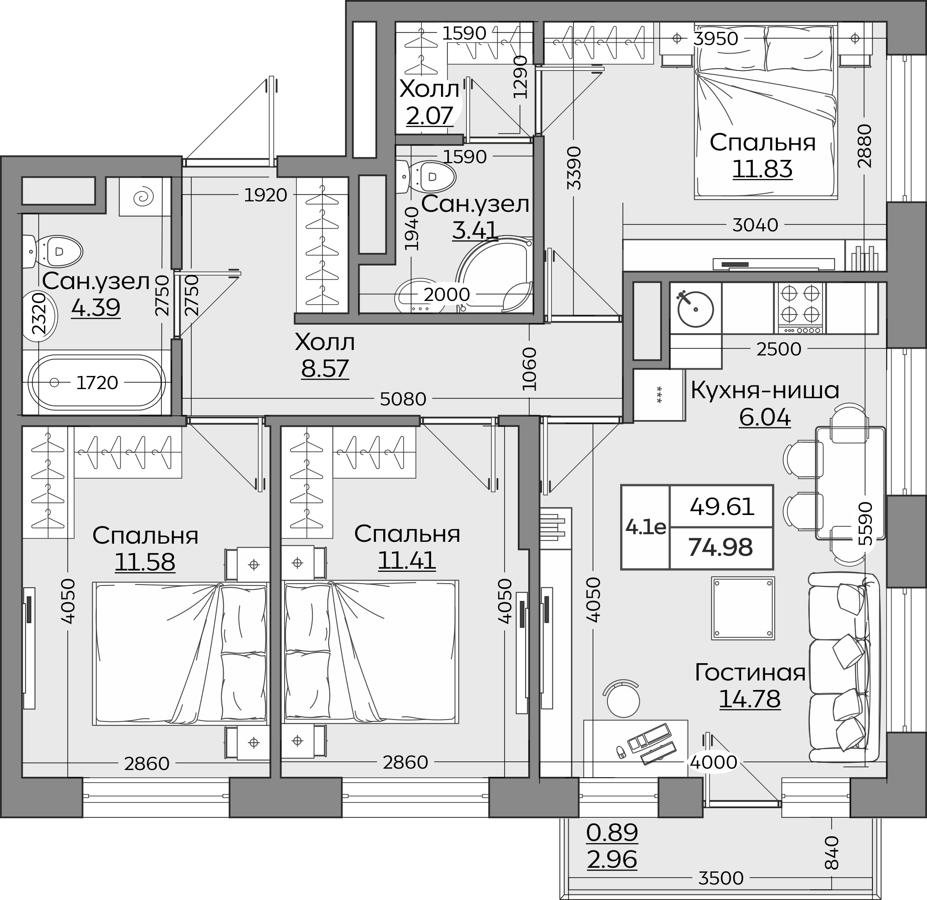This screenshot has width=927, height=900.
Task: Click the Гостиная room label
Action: pyautogui.click(x=750, y=672)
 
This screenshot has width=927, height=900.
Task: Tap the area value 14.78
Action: pyautogui.click(x=750, y=699)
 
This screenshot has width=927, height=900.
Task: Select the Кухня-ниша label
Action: pyautogui.click(x=765, y=390)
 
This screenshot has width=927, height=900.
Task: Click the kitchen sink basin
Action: pyautogui.click(x=695, y=309)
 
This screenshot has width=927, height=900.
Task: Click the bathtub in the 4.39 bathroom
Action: pyautogui.click(x=96, y=382)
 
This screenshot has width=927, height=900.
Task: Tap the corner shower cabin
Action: pyautogui.click(x=494, y=275)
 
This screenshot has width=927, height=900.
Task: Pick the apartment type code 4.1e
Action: pyautogui.click(x=646, y=527)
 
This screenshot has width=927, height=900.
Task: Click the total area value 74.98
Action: pyautogui.click(x=720, y=547)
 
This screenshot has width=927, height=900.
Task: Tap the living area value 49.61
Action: pyautogui.click(x=722, y=507)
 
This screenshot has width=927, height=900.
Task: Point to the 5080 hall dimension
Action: pyautogui.click(x=403, y=399)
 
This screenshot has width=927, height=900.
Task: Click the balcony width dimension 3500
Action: pyautogui.click(x=721, y=878)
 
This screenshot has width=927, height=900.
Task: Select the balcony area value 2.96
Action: pyautogui.click(x=612, y=860)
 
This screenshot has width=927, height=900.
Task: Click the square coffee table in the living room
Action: pyautogui.click(x=743, y=608)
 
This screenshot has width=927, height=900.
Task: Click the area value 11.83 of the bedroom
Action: pyautogui.click(x=762, y=169)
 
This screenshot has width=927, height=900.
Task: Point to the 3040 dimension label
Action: pyautogui.click(x=755, y=225)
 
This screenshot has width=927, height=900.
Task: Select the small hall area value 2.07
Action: pyautogui.click(x=430, y=115)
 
